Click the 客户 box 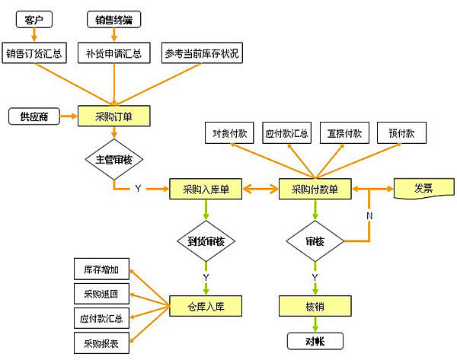33,19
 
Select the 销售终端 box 114,19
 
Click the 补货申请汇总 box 114,55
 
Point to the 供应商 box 34,117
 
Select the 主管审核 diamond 113,161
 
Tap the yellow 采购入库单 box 206,189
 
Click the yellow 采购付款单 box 315,189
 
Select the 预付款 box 401,133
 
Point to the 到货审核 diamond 206,242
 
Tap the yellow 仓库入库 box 206,306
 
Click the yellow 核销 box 315,306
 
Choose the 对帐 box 315,341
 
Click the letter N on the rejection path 369,215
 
